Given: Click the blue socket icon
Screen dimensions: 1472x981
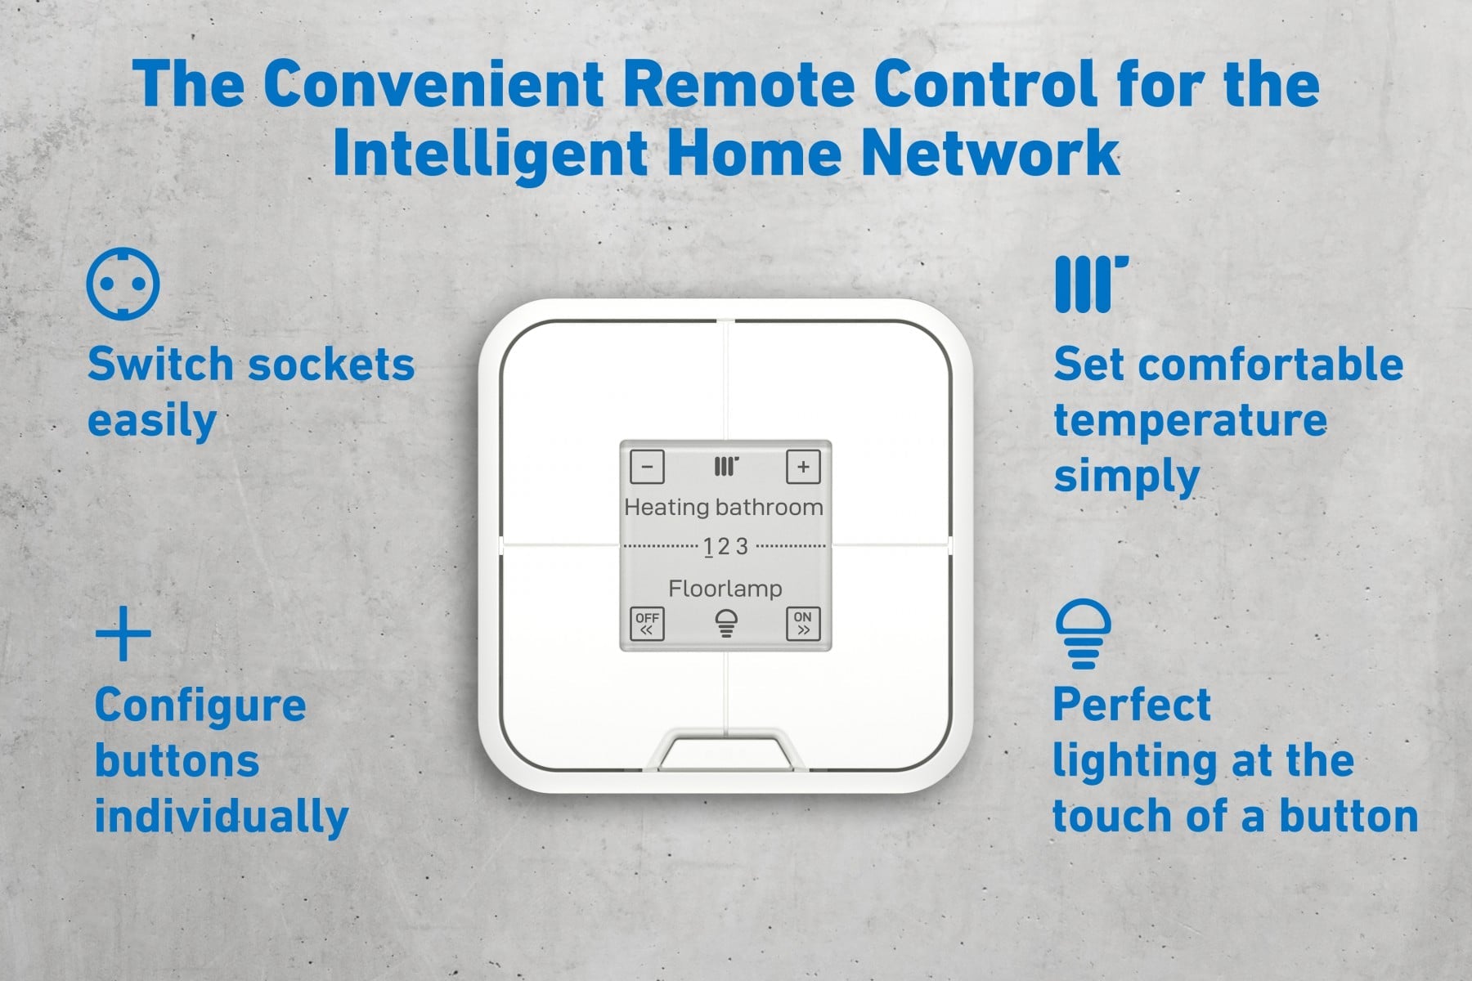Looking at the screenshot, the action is (123, 284).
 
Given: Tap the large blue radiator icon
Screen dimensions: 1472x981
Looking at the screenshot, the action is (1091, 284).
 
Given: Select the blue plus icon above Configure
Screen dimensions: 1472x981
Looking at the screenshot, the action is (123, 633).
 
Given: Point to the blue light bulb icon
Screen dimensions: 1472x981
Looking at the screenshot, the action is (1083, 634).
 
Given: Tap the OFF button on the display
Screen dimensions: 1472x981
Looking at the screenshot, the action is (647, 624).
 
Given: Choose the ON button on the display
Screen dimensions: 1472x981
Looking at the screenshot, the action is (803, 624).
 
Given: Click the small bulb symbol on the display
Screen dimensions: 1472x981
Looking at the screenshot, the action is (725, 623).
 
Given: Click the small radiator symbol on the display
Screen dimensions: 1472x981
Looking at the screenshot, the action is (725, 467).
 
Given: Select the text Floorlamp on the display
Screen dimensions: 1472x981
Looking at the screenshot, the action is (725, 589).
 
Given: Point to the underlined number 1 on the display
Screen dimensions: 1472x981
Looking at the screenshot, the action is (708, 547).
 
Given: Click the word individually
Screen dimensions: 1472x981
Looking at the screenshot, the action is (222, 817).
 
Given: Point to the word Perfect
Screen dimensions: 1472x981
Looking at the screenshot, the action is (1132, 705).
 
